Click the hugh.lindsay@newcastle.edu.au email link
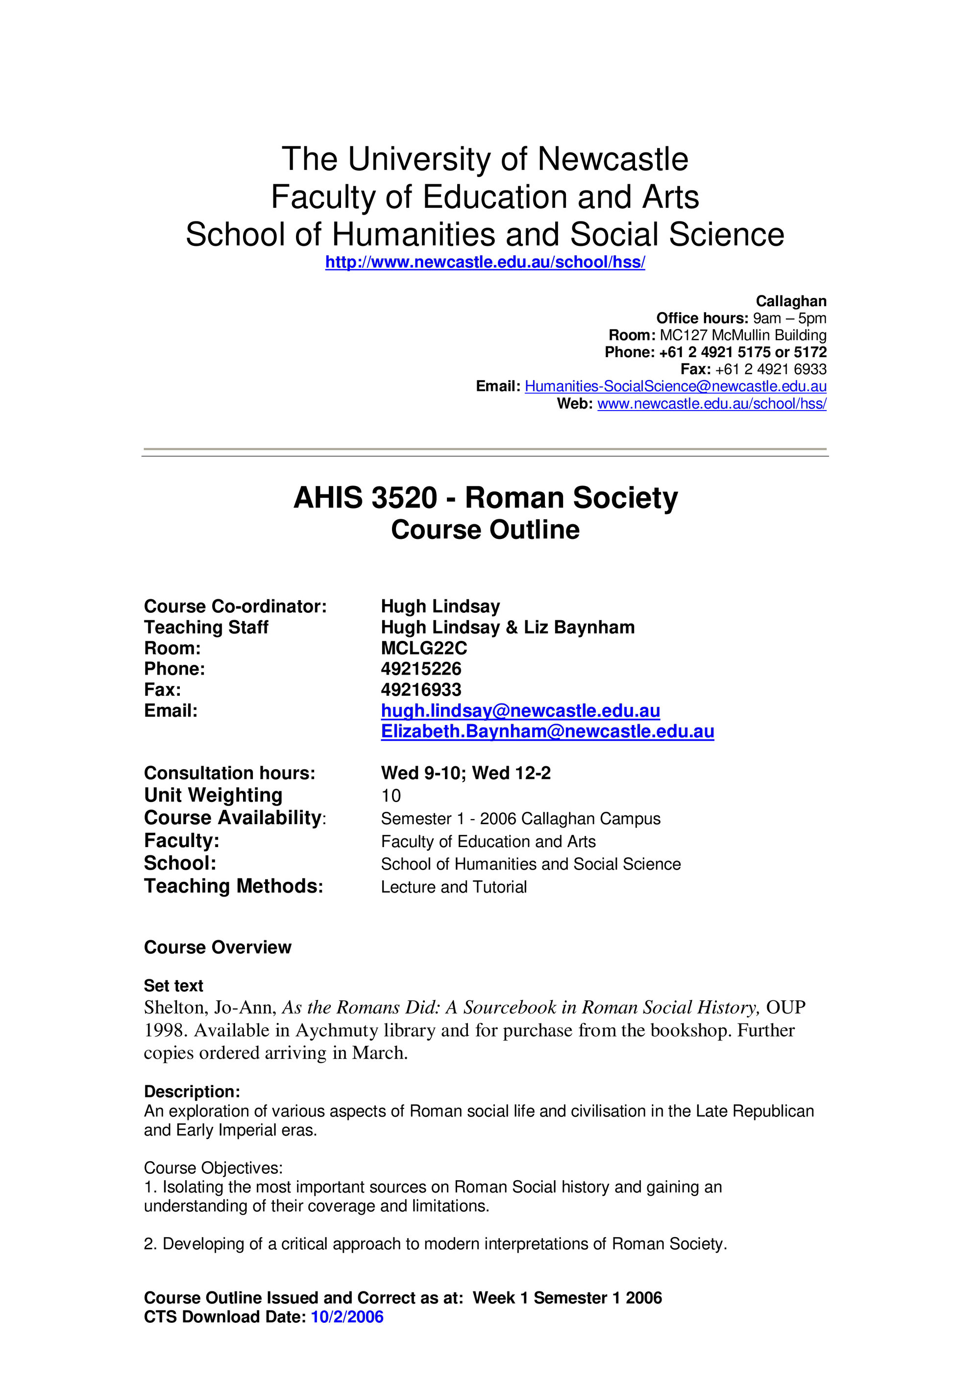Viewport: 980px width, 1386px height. pyautogui.click(x=520, y=710)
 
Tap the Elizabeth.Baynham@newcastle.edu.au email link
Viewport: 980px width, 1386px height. pyautogui.click(x=547, y=731)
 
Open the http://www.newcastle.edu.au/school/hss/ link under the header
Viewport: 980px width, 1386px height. pyautogui.click(x=485, y=262)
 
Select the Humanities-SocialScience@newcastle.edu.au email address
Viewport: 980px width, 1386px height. pyautogui.click(x=675, y=387)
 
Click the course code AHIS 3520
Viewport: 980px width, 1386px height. pyautogui.click(x=365, y=498)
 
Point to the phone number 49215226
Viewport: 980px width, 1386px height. pyautogui.click(x=421, y=669)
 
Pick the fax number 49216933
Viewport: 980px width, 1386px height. pyautogui.click(x=421, y=689)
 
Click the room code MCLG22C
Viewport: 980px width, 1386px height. pyautogui.click(x=424, y=648)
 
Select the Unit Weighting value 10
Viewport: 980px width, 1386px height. pyautogui.click(x=391, y=796)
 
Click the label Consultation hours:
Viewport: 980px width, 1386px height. pyautogui.click(x=229, y=773)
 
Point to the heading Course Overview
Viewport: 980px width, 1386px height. pyautogui.click(x=218, y=947)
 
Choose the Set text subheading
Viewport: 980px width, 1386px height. pyautogui.click(x=173, y=986)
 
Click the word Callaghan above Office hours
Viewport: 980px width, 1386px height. pyautogui.click(x=790, y=301)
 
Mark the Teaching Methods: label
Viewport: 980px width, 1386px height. pyautogui.click(x=233, y=886)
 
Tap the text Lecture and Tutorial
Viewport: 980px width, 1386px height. pyautogui.click(x=453, y=887)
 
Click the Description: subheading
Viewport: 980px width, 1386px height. pyautogui.click(x=192, y=1092)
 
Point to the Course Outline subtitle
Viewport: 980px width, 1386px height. pyautogui.click(x=485, y=530)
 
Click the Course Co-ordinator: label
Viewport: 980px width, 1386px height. pyautogui.click(x=235, y=607)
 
